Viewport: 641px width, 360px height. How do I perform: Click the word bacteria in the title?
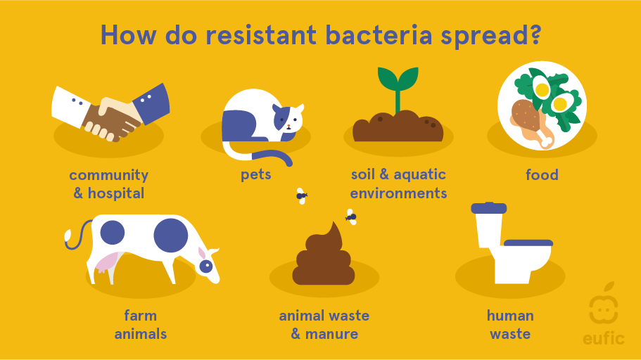(379, 34)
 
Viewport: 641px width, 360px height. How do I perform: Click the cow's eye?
(206, 266)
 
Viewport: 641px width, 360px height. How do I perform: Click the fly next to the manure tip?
(350, 217)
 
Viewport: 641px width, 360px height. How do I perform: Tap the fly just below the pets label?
(301, 196)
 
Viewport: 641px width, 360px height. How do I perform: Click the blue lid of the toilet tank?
(488, 208)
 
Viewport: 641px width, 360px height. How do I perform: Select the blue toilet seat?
(528, 243)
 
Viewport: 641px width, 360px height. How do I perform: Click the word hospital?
(116, 193)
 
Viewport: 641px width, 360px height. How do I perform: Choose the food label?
(542, 175)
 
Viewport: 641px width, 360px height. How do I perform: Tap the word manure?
(331, 334)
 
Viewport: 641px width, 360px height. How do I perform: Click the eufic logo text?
(604, 338)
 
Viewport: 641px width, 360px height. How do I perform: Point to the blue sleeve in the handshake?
(151, 104)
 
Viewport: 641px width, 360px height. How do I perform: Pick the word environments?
(398, 193)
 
